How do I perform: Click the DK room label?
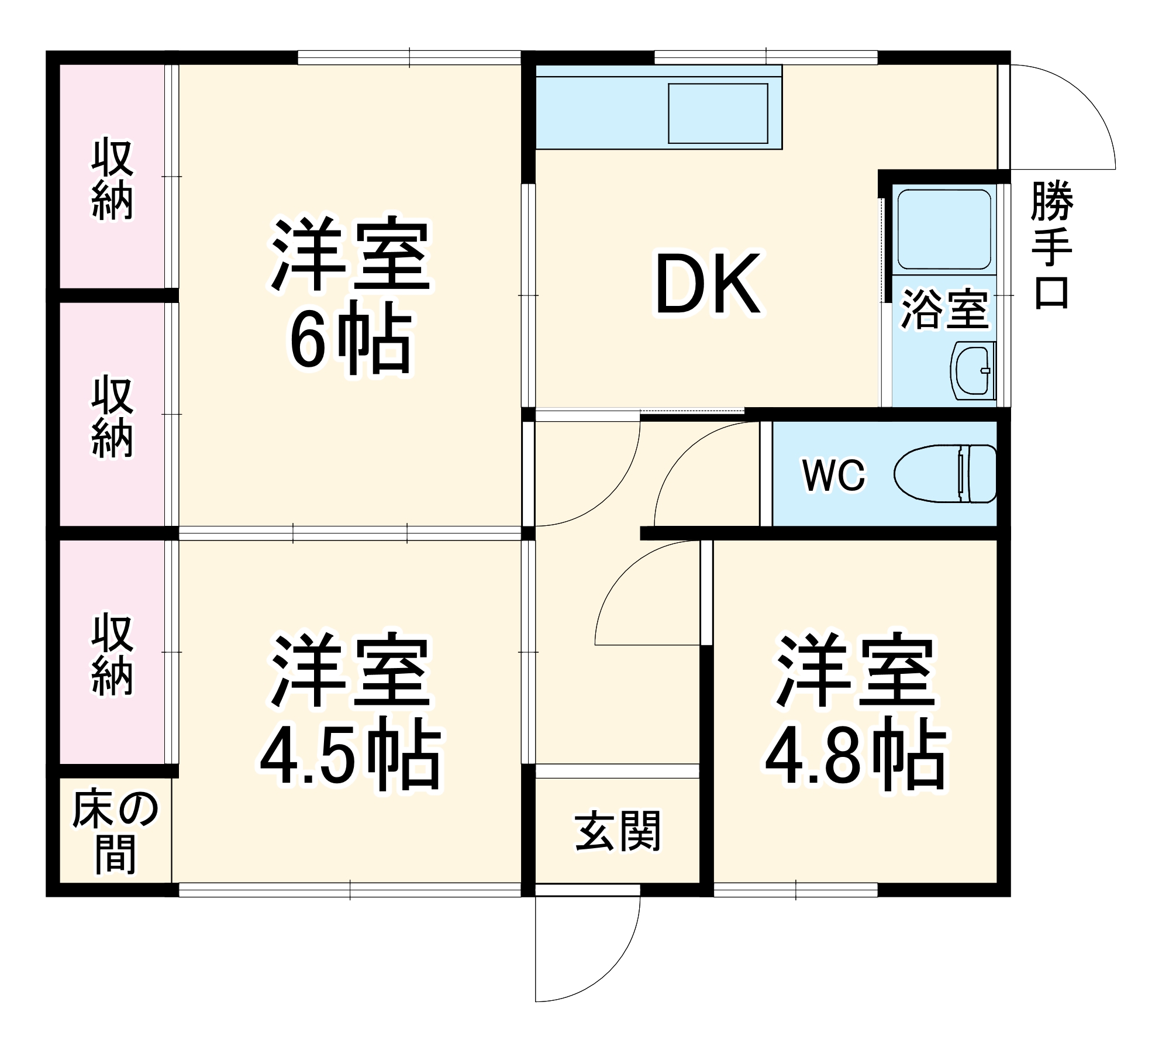click(x=708, y=285)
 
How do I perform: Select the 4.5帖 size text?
click(x=350, y=758)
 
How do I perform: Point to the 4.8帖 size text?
click(x=855, y=759)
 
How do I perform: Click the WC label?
click(x=833, y=476)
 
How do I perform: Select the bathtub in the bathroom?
click(x=944, y=229)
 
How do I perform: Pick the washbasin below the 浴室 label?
click(x=973, y=370)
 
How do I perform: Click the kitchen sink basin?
click(x=718, y=113)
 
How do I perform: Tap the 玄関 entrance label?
click(x=618, y=831)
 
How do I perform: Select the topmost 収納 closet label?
click(x=112, y=180)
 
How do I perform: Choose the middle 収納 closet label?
click(x=112, y=417)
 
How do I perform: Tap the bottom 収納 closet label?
click(x=112, y=655)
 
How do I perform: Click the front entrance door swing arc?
click(x=620, y=959)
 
